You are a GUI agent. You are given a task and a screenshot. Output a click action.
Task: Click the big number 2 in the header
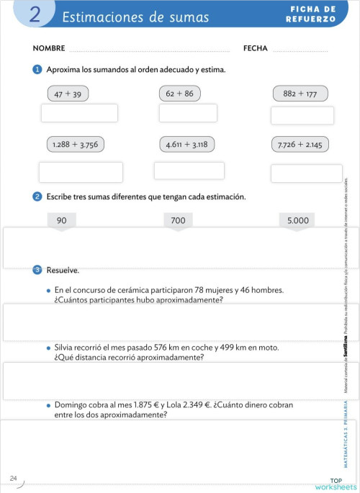34,16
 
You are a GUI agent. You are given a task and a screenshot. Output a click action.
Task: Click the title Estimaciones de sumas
135,17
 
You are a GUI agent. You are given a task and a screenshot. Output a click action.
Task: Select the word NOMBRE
49,49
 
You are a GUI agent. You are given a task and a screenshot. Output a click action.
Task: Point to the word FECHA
256,49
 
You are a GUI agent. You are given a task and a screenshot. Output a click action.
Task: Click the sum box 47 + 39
68,94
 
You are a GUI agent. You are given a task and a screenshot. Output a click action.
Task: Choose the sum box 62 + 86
179,94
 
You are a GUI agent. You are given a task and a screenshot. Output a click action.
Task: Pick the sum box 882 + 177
300,94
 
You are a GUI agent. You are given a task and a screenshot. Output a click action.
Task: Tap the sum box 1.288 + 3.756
75,145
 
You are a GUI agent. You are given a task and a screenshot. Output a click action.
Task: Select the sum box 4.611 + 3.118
186,145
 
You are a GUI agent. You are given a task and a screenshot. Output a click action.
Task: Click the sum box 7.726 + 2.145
300,145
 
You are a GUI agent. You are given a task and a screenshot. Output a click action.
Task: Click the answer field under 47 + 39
79,113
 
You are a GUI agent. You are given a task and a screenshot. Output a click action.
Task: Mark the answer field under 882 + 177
302,115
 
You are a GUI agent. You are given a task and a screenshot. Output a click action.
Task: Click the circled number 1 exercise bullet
37,69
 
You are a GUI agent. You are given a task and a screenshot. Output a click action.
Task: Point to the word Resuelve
63,271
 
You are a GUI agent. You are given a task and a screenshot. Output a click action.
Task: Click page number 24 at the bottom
14,478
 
